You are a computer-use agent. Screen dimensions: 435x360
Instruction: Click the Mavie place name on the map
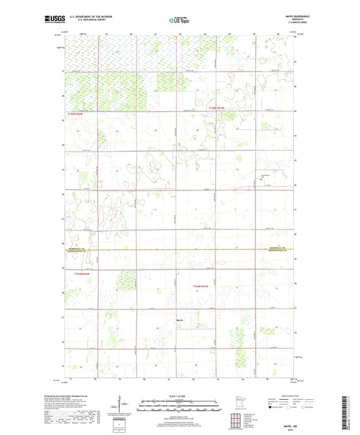tap(180, 319)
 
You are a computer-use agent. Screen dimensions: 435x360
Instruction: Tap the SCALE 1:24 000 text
tap(179, 395)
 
